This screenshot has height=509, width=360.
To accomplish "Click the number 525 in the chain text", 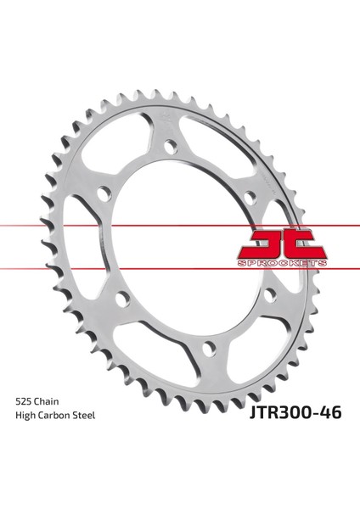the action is pyautogui.click(x=24, y=401).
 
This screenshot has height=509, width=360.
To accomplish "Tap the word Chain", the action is pyautogui.click(x=47, y=401).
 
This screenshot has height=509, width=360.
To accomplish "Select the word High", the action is pyautogui.click(x=25, y=416).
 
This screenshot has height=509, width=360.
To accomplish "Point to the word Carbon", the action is pyautogui.click(x=54, y=415).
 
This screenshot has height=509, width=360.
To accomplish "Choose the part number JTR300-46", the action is pyautogui.click(x=295, y=413).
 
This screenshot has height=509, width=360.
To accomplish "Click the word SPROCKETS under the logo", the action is pyautogui.click(x=282, y=263).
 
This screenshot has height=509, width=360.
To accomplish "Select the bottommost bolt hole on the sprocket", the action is pyautogui.click(x=209, y=348).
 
